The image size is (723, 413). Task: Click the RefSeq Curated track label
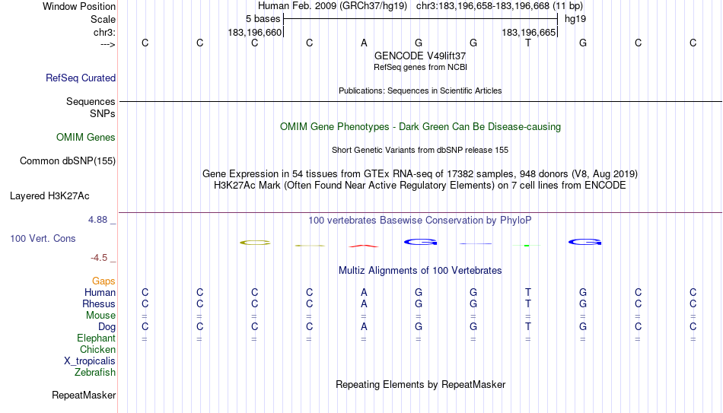[x=81, y=78]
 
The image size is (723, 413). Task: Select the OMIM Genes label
[x=86, y=138]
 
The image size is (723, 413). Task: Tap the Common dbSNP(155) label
[x=68, y=161]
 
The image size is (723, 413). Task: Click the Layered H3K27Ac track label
[x=49, y=196]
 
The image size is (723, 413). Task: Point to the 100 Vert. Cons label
[x=43, y=238]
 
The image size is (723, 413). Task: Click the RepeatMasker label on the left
[x=84, y=395]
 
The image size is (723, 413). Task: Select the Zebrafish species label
[x=95, y=372]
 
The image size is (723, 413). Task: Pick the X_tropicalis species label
[x=90, y=361]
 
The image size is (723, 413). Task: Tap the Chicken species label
[x=97, y=349]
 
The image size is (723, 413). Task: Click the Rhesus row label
[x=99, y=303]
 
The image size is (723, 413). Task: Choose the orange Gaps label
[x=104, y=281]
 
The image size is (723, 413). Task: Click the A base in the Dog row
[x=364, y=327]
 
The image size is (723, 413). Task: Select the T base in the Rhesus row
[x=528, y=303]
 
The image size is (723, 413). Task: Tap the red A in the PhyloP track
[x=364, y=246]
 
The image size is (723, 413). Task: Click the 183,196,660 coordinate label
[x=254, y=32]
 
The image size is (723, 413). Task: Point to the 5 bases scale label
[x=263, y=19]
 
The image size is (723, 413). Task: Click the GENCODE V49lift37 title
[x=420, y=56]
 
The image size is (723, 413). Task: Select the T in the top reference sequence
[x=528, y=43]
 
